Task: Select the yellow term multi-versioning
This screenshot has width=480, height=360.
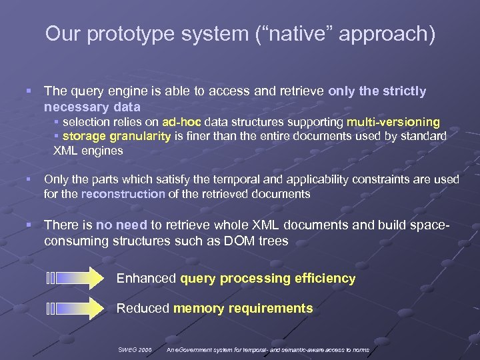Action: [393, 122]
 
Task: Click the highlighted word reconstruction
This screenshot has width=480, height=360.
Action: [123, 194]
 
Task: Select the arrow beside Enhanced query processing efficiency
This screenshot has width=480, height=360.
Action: [75, 278]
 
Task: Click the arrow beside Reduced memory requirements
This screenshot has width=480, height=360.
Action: [75, 308]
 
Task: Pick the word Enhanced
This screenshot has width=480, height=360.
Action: [146, 278]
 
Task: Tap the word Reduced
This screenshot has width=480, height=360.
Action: [143, 308]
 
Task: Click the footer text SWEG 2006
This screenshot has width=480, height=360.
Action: [135, 349]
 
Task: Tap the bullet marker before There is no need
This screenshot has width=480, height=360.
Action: [28, 226]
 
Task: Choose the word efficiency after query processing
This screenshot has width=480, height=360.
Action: [325, 278]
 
